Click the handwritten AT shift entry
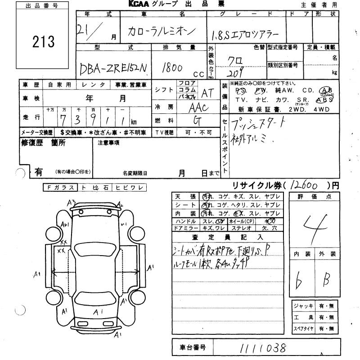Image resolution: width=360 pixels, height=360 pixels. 207,92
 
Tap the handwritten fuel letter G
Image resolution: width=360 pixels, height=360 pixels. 197,121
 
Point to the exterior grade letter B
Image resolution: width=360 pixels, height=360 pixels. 328,281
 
